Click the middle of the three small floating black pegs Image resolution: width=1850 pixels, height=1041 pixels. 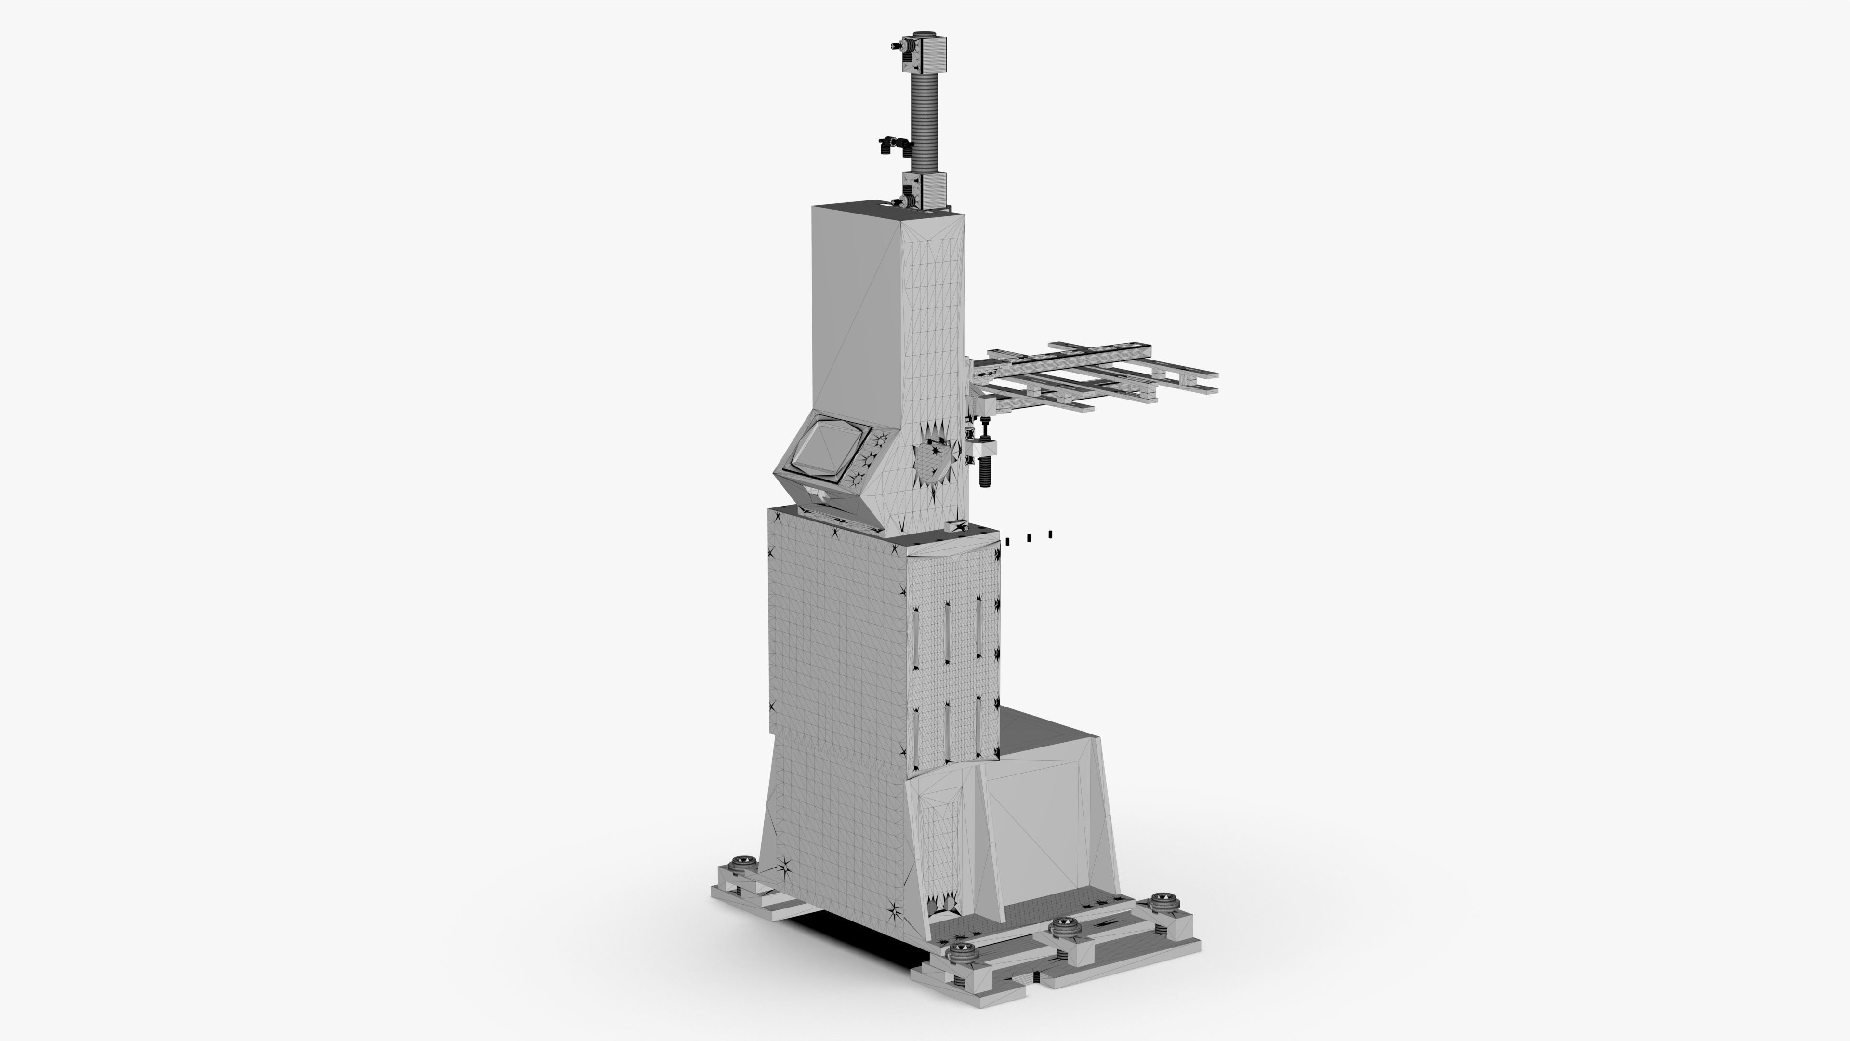coord(1029,537)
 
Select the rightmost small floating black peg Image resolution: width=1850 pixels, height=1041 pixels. coord(1051,534)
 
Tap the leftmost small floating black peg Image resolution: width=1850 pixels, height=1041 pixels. coord(1007,541)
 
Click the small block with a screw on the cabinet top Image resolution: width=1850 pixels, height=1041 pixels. coord(958,526)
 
